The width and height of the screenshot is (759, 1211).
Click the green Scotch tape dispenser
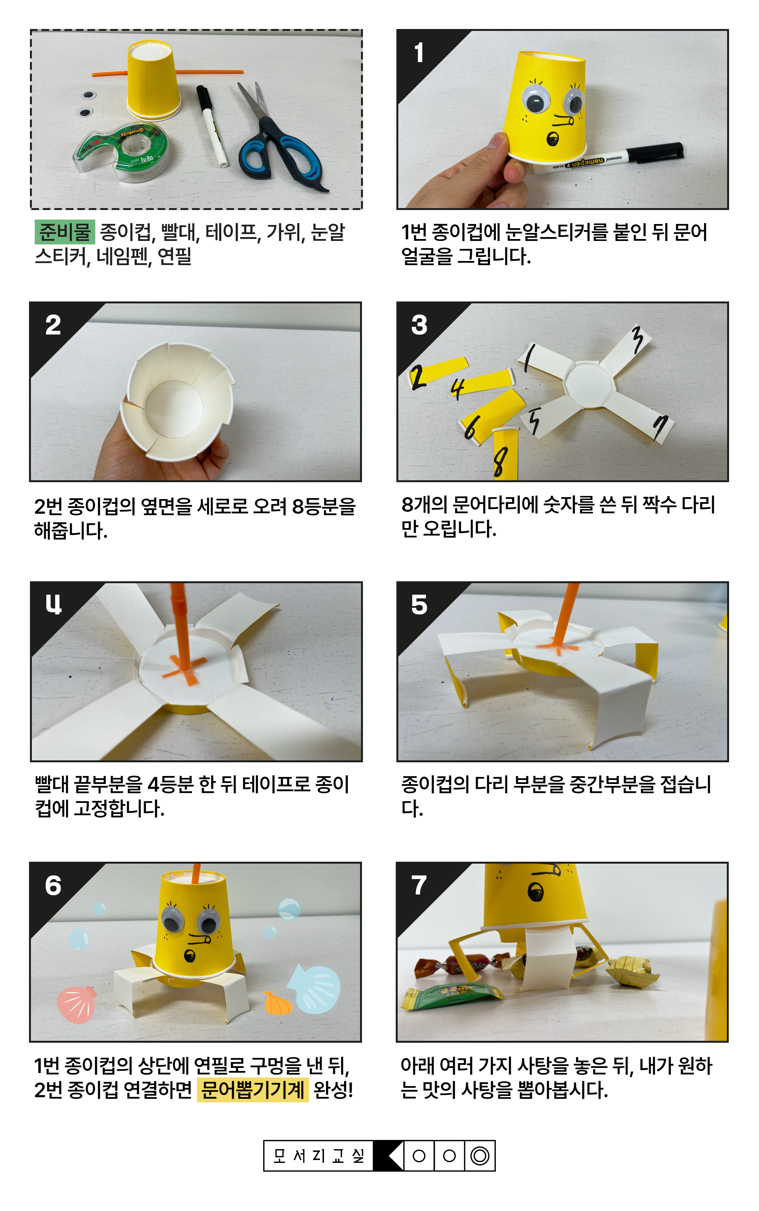(x=121, y=149)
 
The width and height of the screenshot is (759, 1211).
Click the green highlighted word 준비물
(x=65, y=232)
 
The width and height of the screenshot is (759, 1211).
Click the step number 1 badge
(x=419, y=53)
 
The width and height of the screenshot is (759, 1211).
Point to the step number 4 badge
(x=53, y=605)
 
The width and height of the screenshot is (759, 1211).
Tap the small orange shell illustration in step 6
(x=278, y=1004)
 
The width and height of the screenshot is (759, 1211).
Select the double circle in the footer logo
(x=480, y=1156)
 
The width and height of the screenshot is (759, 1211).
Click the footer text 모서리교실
(x=318, y=1156)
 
